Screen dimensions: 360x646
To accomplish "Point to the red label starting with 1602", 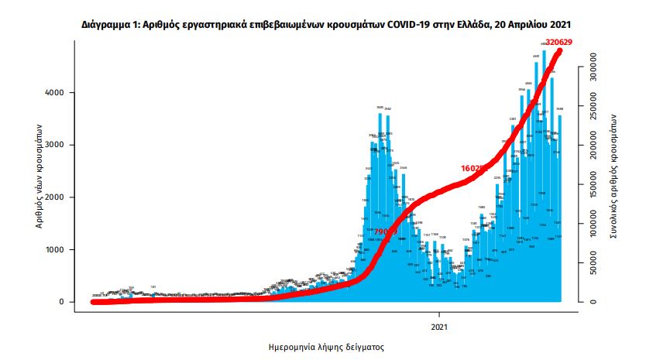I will point(472,168).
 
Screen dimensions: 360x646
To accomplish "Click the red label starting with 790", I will point(384,231).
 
